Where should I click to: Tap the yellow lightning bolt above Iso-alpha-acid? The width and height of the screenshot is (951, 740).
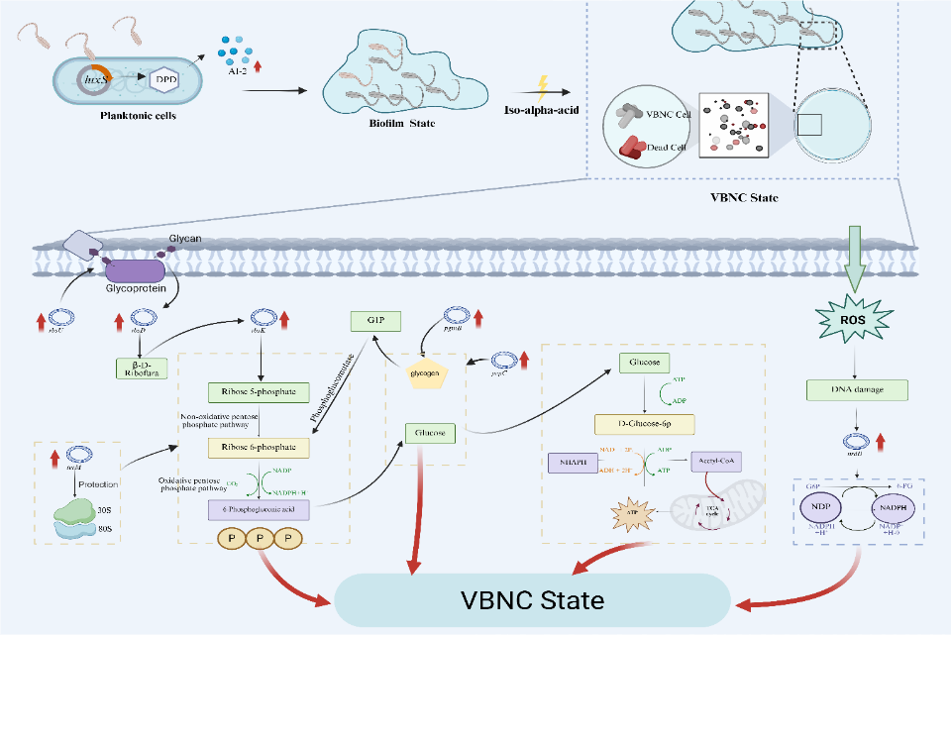[541, 85]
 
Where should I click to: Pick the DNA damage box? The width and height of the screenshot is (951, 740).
[857, 389]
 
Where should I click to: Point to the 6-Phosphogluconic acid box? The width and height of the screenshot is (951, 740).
[259, 509]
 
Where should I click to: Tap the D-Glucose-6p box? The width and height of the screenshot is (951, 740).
[645, 424]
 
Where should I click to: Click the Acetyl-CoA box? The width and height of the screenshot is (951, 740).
[716, 462]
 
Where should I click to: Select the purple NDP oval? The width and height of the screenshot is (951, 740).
[820, 506]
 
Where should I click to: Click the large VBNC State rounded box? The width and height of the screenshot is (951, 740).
[532, 600]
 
